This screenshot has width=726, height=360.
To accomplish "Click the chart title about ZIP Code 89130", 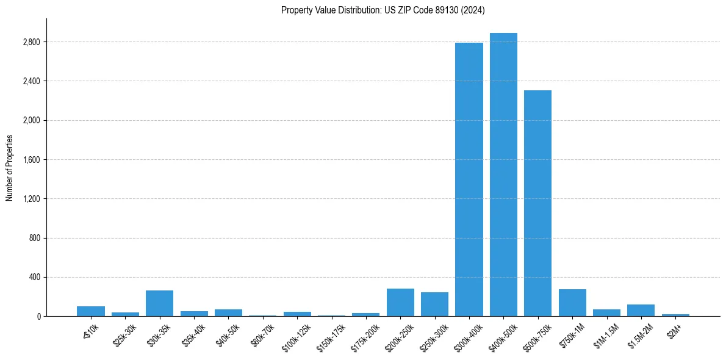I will coord(383,10).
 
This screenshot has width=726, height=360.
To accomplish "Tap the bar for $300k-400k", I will coord(469,179).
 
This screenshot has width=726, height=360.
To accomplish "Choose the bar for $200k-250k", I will coord(400,303).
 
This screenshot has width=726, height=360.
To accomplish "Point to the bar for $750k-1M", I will coord(572,303).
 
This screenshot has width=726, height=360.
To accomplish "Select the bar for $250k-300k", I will coord(434,304).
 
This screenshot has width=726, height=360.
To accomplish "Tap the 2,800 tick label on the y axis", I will coord(31,42).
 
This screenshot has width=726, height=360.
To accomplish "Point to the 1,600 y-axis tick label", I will coord(31,160).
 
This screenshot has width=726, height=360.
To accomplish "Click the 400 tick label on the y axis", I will coord(34,277).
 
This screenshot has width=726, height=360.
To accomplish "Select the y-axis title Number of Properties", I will coord(10,168).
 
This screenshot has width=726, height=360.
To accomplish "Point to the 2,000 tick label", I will coord(31,120).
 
